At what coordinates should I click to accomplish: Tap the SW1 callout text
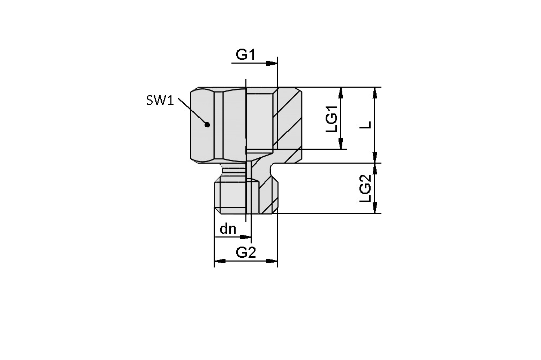tap(160, 100)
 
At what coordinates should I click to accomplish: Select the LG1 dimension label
tap(332, 119)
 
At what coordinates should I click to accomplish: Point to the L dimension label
tap(366, 124)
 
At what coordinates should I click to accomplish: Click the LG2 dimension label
tap(366, 188)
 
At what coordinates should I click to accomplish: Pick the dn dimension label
tap(228, 229)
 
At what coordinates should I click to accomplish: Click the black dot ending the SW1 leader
tap(207, 124)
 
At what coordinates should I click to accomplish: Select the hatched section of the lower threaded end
tap(268, 195)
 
